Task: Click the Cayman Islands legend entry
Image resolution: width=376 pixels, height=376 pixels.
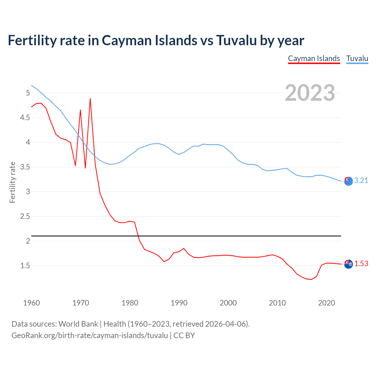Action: tap(314, 58)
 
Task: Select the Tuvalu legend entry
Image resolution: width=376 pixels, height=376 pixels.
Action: tap(357, 58)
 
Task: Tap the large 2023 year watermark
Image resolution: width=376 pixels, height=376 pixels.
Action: tap(310, 93)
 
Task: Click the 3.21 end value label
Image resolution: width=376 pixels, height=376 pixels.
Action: tap(361, 181)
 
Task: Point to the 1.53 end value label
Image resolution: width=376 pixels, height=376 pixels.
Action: tap(361, 264)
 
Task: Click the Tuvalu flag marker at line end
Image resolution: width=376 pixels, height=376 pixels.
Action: tap(348, 182)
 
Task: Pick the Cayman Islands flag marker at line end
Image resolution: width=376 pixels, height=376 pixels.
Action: tap(348, 264)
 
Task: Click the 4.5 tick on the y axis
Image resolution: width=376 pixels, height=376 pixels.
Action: tap(24, 118)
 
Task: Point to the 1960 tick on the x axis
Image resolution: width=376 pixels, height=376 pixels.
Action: tap(31, 303)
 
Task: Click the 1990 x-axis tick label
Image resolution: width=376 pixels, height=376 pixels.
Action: tap(179, 303)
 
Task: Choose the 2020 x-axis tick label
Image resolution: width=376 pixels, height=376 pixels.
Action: tap(326, 303)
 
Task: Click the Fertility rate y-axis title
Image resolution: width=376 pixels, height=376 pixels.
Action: tap(12, 182)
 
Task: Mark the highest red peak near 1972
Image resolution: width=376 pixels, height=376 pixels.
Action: tap(90, 99)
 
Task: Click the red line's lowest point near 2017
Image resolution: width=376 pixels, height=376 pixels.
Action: tap(311, 279)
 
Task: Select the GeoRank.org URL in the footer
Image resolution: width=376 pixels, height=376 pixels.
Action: tap(90, 335)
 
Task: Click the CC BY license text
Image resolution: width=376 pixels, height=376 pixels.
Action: tap(184, 335)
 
